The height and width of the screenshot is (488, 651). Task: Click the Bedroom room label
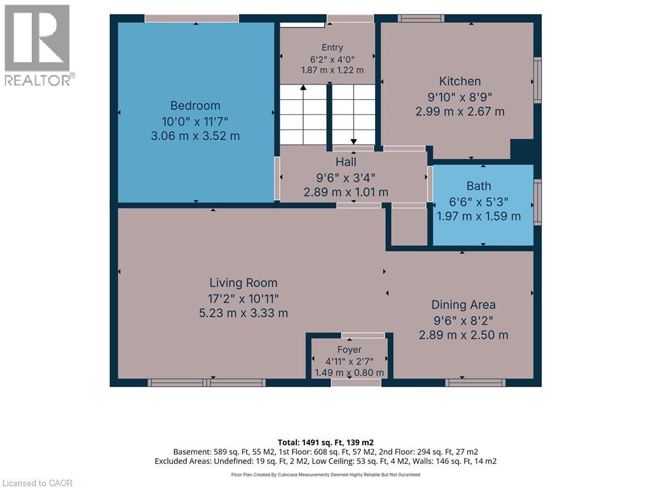coord(195,105)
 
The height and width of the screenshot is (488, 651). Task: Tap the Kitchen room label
coord(460,81)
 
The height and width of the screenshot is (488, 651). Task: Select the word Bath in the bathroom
coord(479,186)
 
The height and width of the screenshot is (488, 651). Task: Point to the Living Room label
coord(243,283)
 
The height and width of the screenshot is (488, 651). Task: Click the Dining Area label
coord(463,305)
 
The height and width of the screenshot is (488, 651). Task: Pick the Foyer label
coord(349,350)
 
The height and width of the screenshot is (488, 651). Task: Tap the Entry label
coord(332,48)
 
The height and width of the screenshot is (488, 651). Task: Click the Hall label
coord(346,162)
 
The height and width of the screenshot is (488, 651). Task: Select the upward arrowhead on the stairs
coord(303,88)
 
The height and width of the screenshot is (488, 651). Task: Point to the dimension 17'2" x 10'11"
coord(243,299)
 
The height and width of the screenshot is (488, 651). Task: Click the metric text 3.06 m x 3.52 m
coord(195,136)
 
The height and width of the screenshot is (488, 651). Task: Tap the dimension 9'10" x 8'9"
coord(460,97)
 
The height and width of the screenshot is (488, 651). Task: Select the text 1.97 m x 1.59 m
coord(479,216)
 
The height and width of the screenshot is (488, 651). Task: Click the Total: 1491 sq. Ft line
coord(325,442)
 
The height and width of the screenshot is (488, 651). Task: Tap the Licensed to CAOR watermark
coord(37,483)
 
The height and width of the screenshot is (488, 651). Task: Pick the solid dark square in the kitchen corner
coord(522,149)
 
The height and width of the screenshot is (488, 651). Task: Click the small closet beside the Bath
coord(409,227)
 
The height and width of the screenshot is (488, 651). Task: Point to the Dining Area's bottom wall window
coord(475,383)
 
